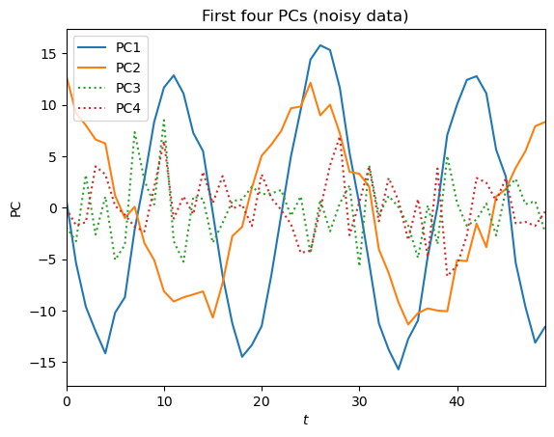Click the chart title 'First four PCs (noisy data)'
[305, 15]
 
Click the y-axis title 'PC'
[15, 207]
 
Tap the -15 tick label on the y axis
[44, 362]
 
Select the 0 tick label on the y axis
[53, 207]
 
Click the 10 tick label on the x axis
[164, 400]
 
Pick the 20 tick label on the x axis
[262, 400]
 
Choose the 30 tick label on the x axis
[359, 400]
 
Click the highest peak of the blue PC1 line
[320, 45]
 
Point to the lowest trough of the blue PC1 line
[398, 369]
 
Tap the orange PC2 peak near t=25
[310, 83]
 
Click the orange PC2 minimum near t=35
[407, 324]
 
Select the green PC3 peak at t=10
[164, 120]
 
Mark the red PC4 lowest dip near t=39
[447, 276]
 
